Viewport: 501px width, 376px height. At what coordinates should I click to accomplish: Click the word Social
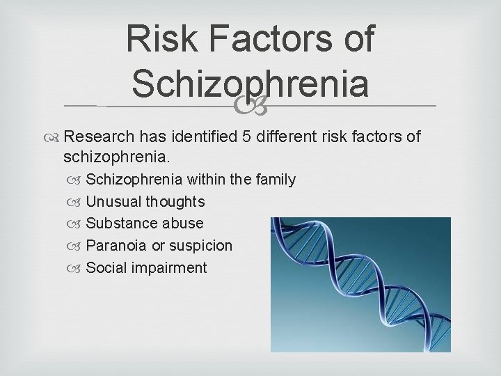pos(106,268)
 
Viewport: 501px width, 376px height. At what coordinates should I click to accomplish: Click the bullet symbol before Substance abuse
pos(76,224)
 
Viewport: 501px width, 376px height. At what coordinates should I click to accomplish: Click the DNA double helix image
pos(360,284)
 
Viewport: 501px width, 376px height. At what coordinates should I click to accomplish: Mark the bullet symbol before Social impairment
pos(76,269)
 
